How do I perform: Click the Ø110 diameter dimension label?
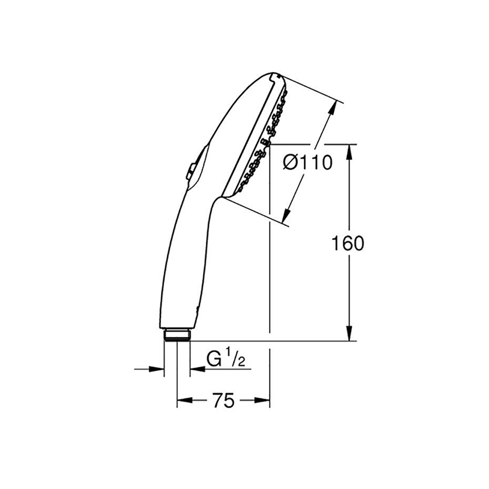[308, 163]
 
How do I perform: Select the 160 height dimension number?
[347, 243]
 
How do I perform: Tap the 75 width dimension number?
[223, 400]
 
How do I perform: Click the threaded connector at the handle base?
[177, 335]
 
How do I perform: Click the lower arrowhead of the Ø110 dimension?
[287, 212]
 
